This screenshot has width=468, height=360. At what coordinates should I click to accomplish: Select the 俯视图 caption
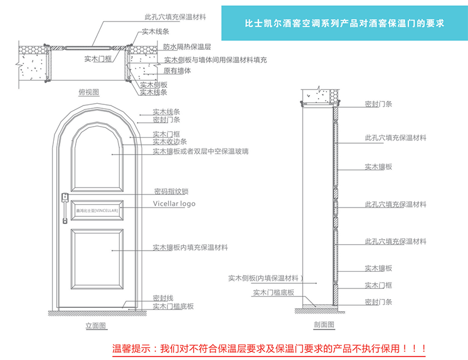pyautogui.click(x=89, y=92)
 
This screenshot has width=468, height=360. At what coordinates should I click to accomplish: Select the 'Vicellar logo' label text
pyautogui.click(x=174, y=204)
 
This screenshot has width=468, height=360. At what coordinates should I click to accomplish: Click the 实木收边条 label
pyautogui.click(x=170, y=141)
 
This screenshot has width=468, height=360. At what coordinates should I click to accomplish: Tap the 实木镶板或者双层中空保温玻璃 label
pyautogui.click(x=200, y=151)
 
